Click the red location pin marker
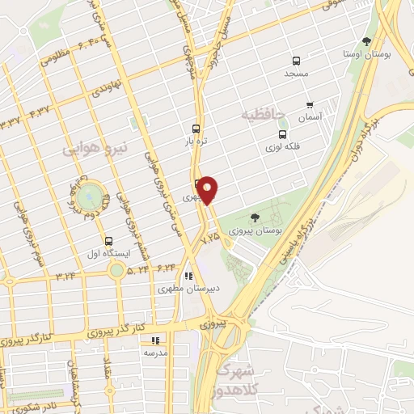pyautogui.click(x=209, y=191)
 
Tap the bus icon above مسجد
pyautogui.click(x=297, y=61)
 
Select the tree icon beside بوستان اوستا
pyautogui.click(x=366, y=41)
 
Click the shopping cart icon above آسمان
pyautogui.click(x=309, y=105)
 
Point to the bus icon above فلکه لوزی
pyautogui.click(x=281, y=135)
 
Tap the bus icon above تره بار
pyautogui.click(x=195, y=128)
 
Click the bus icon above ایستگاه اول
pyautogui.click(x=108, y=240)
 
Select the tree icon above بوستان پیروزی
pyautogui.click(x=255, y=217)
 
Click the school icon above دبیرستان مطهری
pyautogui.click(x=189, y=274)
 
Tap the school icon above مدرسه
pyautogui.click(x=155, y=340)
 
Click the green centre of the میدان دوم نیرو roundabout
pyautogui.click(x=91, y=195)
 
